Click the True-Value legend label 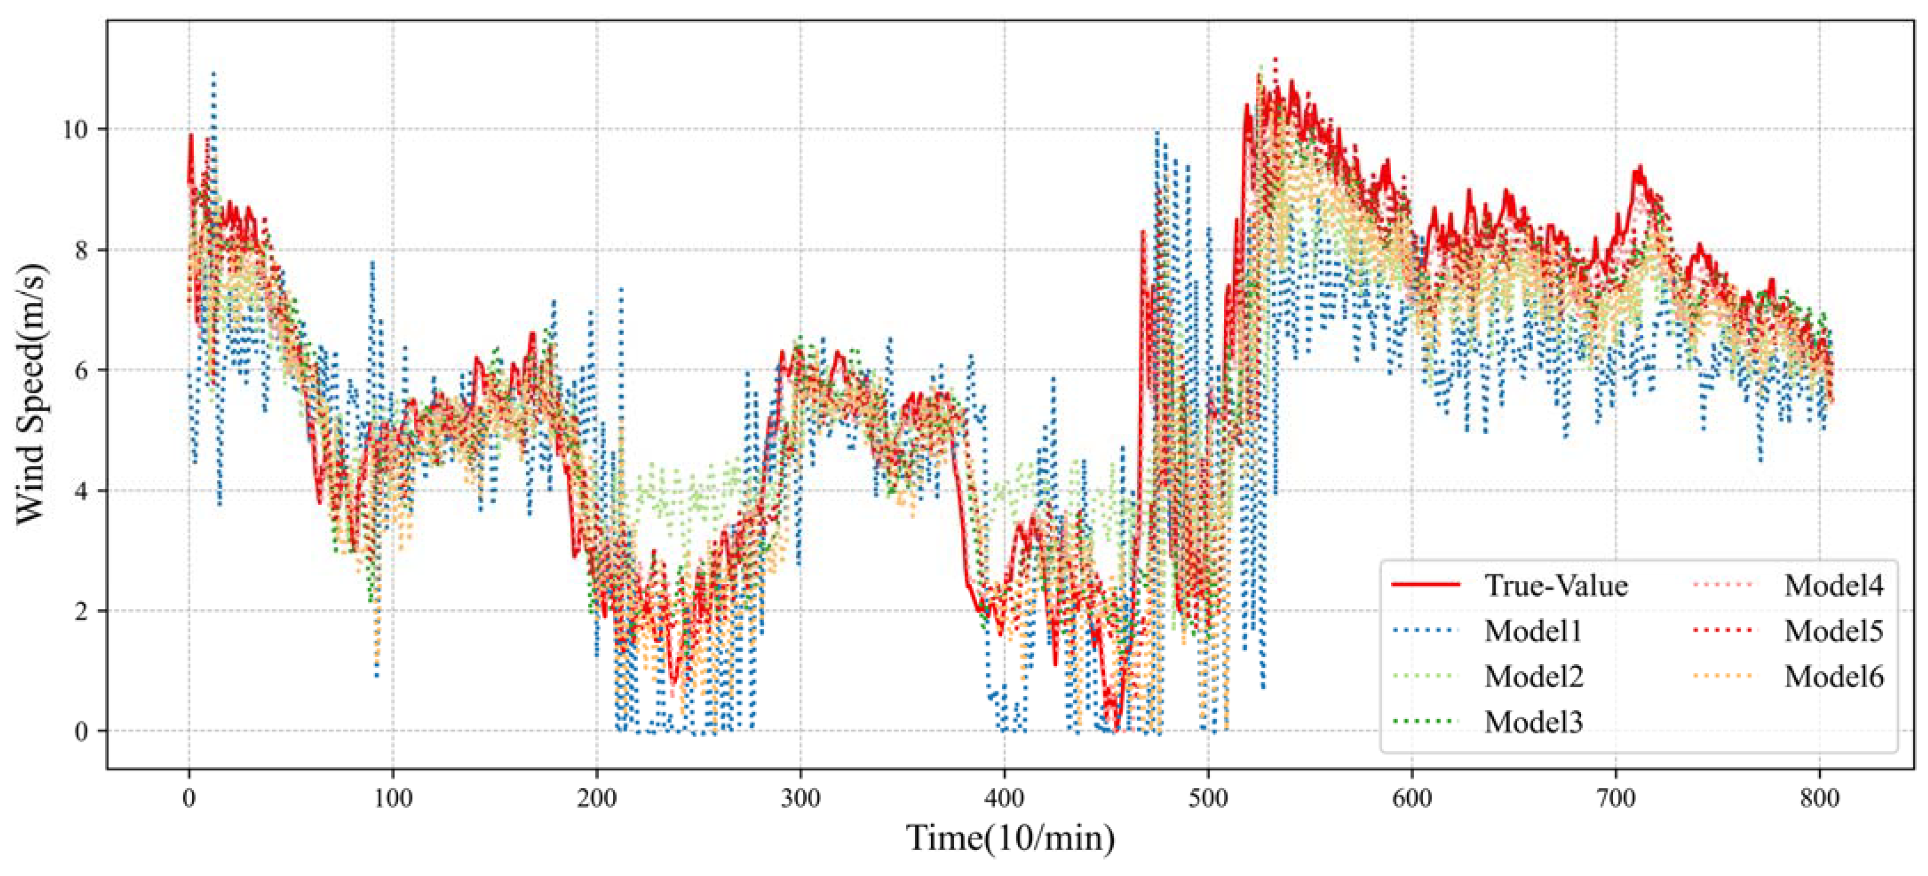point(1556,585)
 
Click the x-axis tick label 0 point(189,798)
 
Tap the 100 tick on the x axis point(393,798)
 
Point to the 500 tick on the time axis point(1208,798)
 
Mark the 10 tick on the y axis point(75,129)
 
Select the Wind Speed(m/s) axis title point(32,394)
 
